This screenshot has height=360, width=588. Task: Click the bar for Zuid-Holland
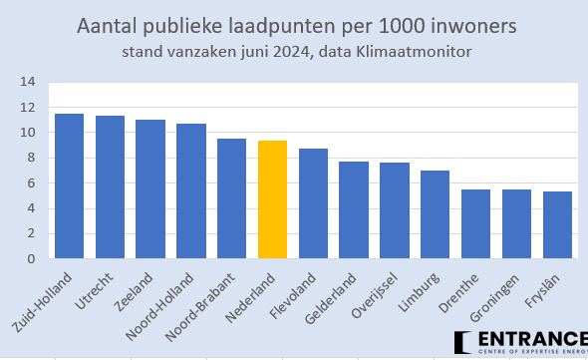[69, 186]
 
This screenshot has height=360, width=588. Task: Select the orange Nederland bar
[272, 199]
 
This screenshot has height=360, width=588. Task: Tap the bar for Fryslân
[557, 225]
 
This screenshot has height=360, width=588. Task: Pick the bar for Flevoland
[313, 203]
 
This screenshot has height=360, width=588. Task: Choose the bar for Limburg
[435, 214]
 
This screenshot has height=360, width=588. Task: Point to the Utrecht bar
[110, 187]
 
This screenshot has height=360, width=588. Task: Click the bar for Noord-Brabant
[231, 198]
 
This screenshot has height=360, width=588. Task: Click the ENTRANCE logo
[519, 343]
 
